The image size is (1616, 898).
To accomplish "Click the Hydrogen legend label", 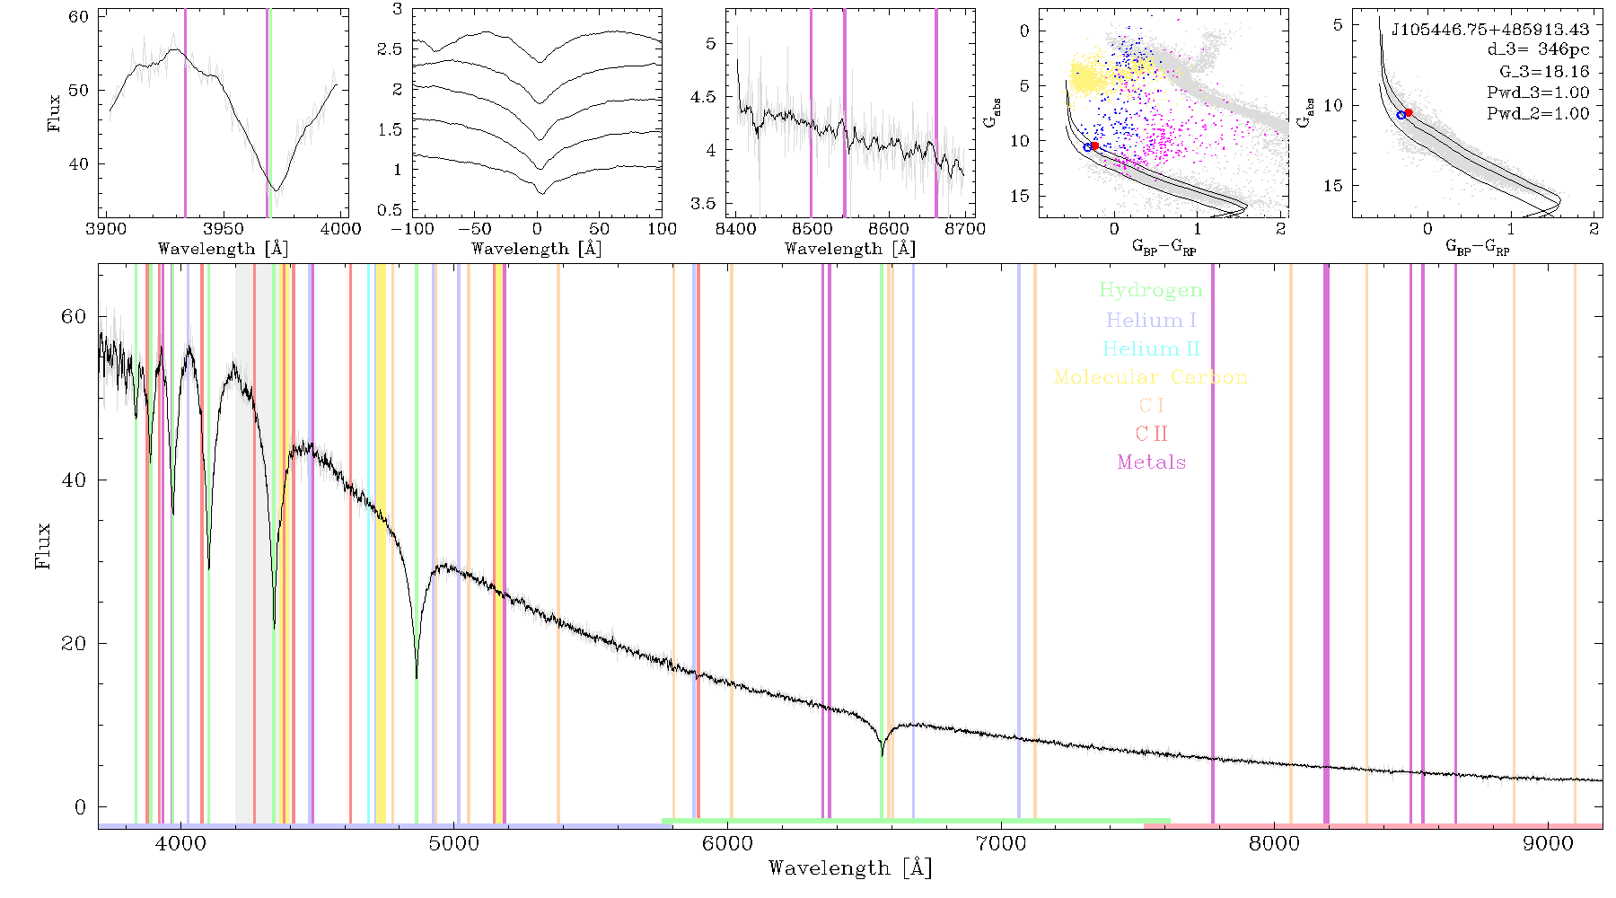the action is pos(1150,291).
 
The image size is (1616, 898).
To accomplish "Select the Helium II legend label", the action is pos(1151,348).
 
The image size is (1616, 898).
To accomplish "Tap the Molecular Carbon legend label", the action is pos(1151,377).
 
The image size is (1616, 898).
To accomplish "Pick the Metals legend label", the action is pos(1152,462).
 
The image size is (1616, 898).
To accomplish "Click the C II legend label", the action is pos(1151,434).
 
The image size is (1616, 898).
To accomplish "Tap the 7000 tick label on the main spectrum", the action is pos(1000,843).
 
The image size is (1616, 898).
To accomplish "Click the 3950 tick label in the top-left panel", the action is pos(224,229).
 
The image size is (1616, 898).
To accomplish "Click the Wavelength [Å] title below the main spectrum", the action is pos(850,868).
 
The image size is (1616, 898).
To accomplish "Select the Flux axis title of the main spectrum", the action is pos(42,546).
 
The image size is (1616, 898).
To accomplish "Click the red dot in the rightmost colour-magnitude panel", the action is pos(1409,112).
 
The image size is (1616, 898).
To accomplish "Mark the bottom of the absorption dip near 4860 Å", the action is pos(416,677).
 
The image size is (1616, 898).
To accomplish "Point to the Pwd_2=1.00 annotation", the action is pos(1538,114).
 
